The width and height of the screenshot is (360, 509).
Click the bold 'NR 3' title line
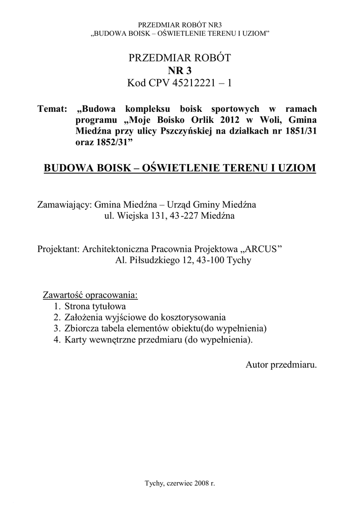(180, 71)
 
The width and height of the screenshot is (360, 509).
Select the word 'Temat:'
(52, 109)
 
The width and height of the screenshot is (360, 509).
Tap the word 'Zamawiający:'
(65, 205)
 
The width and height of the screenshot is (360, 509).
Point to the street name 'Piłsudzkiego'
(152, 259)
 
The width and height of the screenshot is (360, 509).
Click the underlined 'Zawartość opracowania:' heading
(90, 295)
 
